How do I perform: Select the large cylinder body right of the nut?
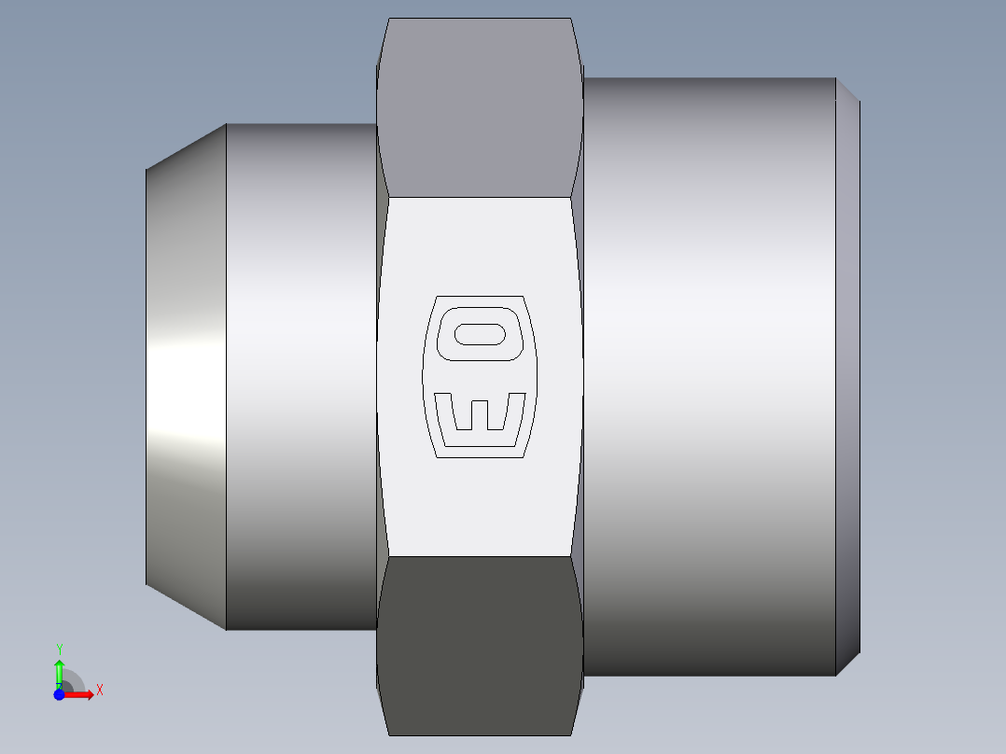(x=709, y=373)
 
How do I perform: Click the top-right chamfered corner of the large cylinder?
(x=847, y=90)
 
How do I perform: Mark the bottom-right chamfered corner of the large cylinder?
(x=847, y=664)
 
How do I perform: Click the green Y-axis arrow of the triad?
(x=59, y=670)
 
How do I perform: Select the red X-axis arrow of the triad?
(x=82, y=694)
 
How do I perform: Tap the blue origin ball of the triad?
(x=59, y=694)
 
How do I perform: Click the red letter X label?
(x=99, y=691)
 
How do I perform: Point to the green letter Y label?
(x=59, y=649)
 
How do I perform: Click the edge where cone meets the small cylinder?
(x=226, y=373)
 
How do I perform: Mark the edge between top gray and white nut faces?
(x=480, y=197)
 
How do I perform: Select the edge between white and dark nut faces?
(x=480, y=557)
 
